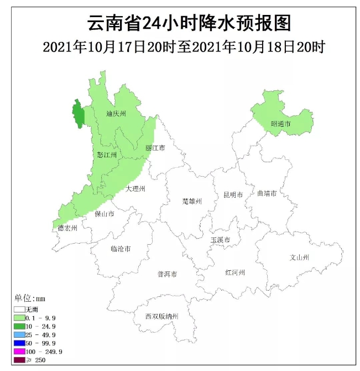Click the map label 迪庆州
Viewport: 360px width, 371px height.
[117, 114]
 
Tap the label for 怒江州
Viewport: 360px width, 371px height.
[107, 155]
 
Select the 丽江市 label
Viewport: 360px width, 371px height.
[155, 148]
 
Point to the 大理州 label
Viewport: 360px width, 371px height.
[135, 189]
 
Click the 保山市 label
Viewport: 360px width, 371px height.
[105, 214]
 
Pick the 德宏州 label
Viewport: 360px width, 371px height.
[67, 228]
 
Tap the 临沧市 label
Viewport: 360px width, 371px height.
[121, 249]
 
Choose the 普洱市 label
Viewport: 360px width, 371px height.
[167, 274]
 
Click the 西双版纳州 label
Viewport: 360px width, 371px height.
[162, 317]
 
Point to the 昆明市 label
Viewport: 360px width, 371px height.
[233, 195]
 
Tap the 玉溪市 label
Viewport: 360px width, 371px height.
[220, 240]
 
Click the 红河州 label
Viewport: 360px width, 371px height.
[234, 272]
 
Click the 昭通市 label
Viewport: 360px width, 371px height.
[280, 124]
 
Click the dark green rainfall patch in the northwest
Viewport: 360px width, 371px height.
[79, 115]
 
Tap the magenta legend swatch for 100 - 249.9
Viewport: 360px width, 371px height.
[19, 352]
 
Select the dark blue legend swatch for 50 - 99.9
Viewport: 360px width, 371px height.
[19, 343]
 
